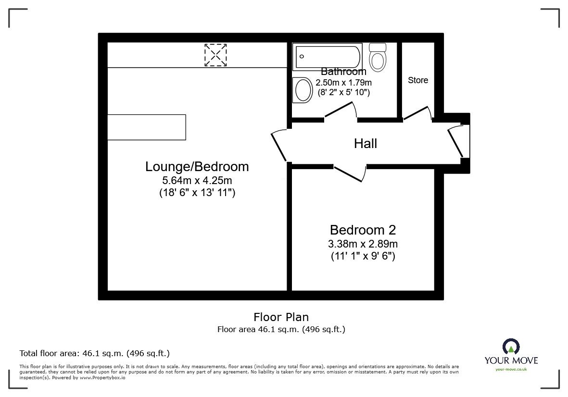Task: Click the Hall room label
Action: click(366, 143)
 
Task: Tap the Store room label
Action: click(418, 80)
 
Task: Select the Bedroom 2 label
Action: click(363, 230)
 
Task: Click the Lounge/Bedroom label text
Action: click(197, 167)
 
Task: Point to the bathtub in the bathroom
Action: click(328, 56)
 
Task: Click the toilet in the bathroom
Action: click(378, 58)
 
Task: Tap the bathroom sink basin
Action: click(303, 89)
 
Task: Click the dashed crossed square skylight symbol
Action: click(215, 55)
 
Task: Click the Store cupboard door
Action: click(417, 113)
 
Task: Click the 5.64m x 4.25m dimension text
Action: click(197, 181)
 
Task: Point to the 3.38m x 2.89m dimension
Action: click(363, 244)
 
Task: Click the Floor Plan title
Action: click(281, 317)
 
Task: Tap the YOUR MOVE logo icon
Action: click(511, 347)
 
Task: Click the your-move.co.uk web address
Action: click(511, 369)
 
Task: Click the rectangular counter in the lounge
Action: click(146, 127)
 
